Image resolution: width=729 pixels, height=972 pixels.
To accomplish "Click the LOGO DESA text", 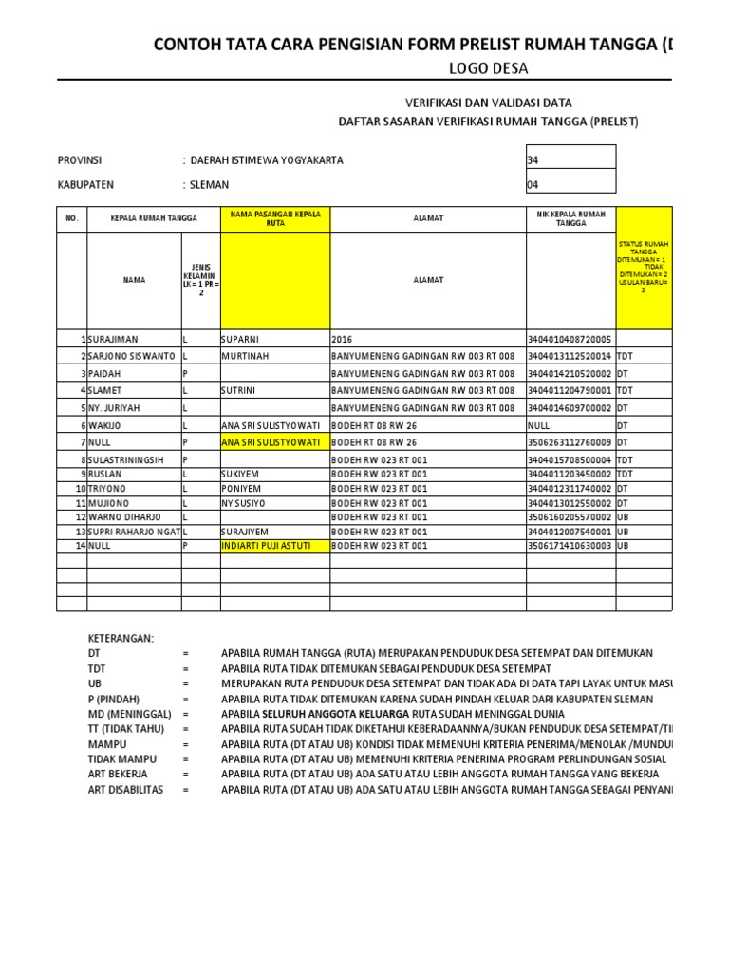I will [488, 68].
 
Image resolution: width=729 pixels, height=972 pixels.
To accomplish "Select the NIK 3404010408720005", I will [569, 339].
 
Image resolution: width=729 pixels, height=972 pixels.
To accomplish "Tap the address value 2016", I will [341, 339].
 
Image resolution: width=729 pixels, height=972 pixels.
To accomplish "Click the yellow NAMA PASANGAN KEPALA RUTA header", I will [274, 218].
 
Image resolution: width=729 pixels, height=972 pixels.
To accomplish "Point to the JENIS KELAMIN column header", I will [200, 281].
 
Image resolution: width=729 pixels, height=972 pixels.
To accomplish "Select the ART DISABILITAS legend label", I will [125, 789].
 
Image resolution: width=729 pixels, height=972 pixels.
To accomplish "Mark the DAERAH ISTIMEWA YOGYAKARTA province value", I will [267, 160].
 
